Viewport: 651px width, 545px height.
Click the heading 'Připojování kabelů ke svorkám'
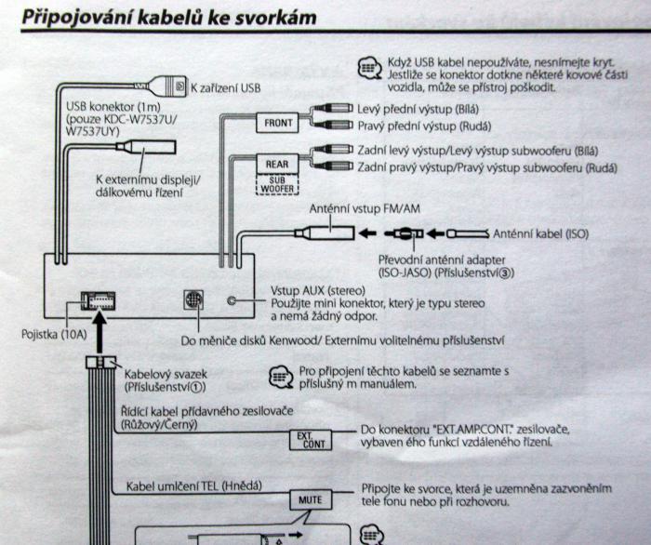click(x=167, y=18)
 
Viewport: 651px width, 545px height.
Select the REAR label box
click(x=276, y=165)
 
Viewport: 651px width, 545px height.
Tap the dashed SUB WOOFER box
click(x=276, y=185)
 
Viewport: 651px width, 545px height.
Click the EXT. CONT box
click(x=311, y=438)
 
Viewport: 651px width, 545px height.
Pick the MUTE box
click(x=309, y=499)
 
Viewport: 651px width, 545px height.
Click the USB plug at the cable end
click(x=173, y=87)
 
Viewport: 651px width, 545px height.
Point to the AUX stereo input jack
click(x=233, y=301)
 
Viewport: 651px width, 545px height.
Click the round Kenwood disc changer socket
click(x=193, y=301)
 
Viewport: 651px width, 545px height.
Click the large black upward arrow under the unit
click(x=101, y=330)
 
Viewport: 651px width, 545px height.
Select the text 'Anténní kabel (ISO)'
click(x=540, y=234)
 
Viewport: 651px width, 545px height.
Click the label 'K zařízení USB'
click(x=225, y=88)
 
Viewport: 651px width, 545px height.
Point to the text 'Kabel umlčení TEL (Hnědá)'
click(x=193, y=485)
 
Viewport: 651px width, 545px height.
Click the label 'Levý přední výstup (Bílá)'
click(x=418, y=109)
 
